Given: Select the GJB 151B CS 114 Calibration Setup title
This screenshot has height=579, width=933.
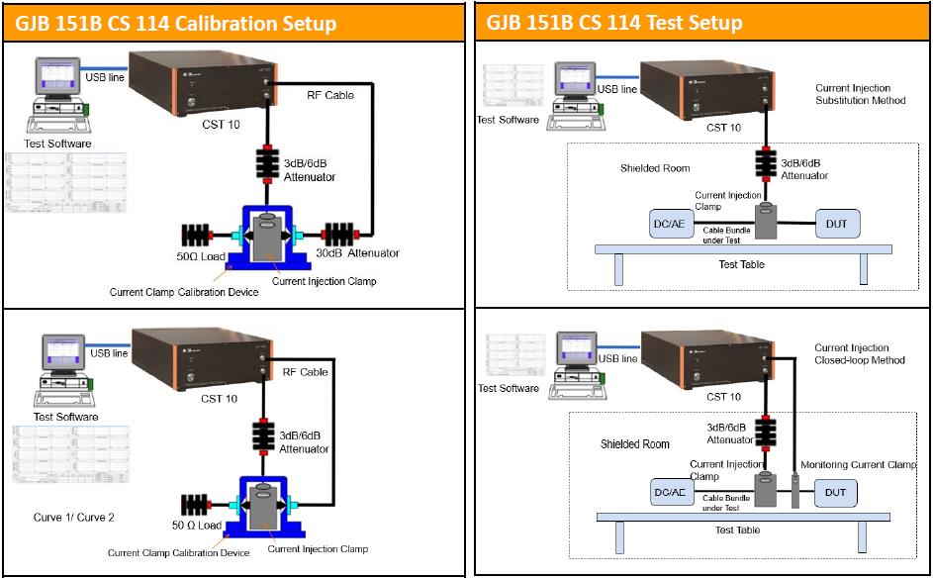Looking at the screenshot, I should tap(175, 23).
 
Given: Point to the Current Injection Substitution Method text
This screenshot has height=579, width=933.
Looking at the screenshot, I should tap(860, 94).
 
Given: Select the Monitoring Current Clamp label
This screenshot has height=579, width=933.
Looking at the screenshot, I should tap(858, 465).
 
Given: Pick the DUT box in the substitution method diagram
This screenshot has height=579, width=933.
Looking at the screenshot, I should tap(836, 224).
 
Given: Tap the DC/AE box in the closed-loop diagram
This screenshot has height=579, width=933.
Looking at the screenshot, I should tap(670, 493).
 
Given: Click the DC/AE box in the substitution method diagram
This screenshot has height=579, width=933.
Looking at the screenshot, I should tap(669, 224).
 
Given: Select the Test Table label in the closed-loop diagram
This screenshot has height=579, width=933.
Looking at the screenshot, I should tap(737, 531).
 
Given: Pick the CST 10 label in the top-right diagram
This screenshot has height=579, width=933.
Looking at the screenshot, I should tap(723, 128).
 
